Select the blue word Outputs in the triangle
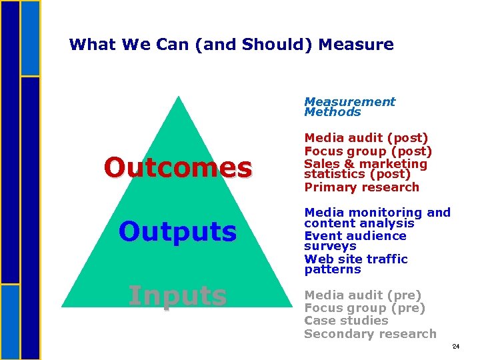tap(177, 232)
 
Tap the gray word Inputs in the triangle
tap(177, 295)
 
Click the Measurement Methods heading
tap(349, 107)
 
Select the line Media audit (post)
tap(366, 138)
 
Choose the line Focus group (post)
tap(368, 151)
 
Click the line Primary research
tap(361, 187)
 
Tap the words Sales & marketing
tap(365, 164)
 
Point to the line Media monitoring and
tap(377, 213)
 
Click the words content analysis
tap(359, 223)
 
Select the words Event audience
tap(355, 236)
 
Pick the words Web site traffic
tap(356, 259)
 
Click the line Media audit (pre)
tap(363, 295)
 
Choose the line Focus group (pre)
tap(364, 308)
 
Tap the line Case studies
tap(345, 321)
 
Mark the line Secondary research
tap(370, 334)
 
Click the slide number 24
tap(456, 347)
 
